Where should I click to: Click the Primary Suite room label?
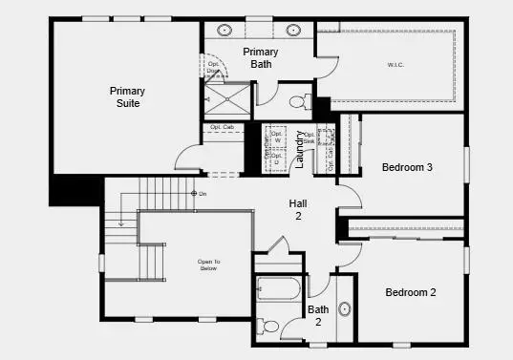126,96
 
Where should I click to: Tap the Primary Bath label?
261,57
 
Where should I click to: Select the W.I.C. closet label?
398,66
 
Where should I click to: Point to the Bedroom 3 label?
407,167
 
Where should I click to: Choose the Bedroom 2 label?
411,292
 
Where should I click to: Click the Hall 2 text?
297,210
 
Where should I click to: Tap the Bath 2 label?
318,316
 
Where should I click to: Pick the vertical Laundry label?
299,149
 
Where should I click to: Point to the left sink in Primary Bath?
226,30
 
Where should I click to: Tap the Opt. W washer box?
276,136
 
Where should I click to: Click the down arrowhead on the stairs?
120,224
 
